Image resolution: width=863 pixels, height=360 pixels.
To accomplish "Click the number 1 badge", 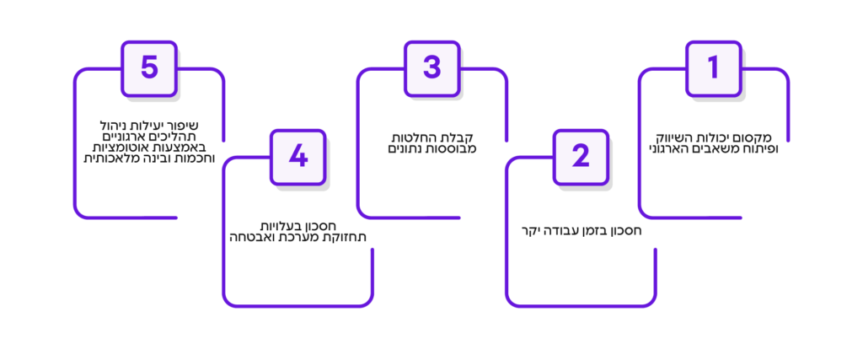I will point(713,68).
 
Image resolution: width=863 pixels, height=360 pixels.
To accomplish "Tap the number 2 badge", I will point(580,156).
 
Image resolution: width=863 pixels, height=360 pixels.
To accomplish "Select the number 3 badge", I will point(431,68).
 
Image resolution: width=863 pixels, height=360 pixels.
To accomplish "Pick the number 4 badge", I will point(297,156).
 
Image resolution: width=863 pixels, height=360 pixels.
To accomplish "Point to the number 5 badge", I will point(149,68).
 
